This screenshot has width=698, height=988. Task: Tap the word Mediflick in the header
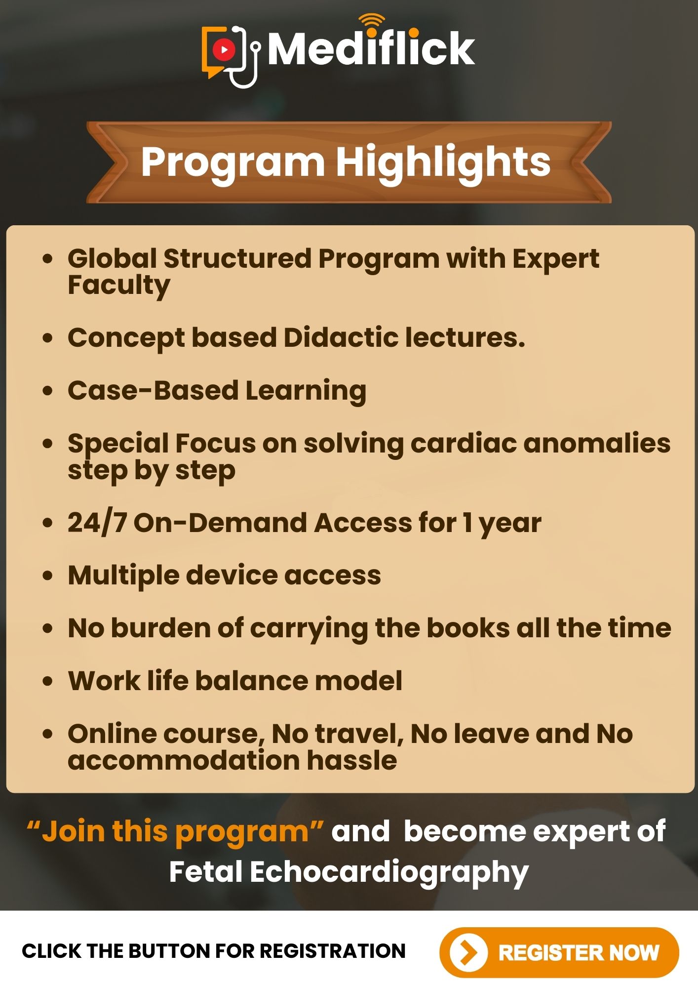(371, 48)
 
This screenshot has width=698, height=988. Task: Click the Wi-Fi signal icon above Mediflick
(372, 21)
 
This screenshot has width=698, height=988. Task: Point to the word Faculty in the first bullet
(119, 286)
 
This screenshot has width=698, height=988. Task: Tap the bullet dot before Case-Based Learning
(47, 391)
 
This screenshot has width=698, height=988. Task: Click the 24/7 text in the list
(97, 523)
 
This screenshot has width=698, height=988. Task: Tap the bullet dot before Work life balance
(47, 681)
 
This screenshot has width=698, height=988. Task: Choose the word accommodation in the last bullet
(184, 760)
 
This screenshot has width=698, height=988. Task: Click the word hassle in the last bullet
(352, 760)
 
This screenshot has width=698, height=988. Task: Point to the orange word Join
(72, 831)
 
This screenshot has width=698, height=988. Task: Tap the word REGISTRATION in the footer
(332, 951)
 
